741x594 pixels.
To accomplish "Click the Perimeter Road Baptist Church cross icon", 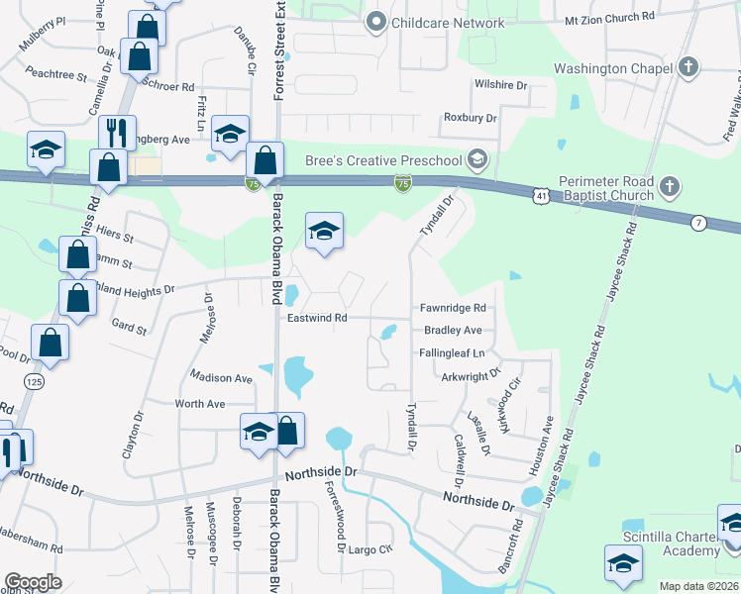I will pos(671,186).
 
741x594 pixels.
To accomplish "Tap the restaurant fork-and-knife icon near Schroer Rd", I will pos(117,134).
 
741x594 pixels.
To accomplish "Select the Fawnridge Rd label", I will pos(452,308).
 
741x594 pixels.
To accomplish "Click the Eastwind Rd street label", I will pos(317,318).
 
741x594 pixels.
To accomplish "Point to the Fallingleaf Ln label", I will pos(452,352).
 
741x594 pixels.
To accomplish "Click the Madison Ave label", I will pos(222,378).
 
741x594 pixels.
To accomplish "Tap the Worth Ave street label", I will pos(200,404).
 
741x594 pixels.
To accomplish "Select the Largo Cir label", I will pos(371,548).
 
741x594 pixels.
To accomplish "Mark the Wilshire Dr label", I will pos(501,85).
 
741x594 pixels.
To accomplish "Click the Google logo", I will pos(33,582).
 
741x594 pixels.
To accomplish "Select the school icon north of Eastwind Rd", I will pos(324,234).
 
